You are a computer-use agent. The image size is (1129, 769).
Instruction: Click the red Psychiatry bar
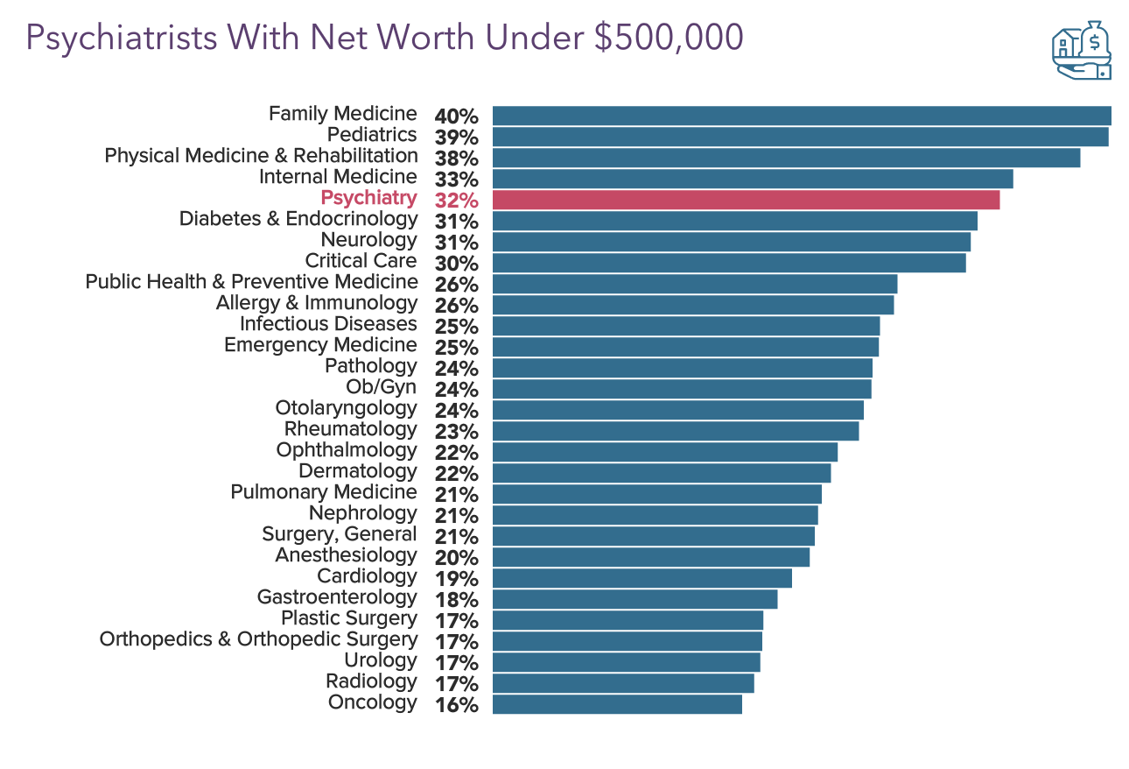[x=746, y=200]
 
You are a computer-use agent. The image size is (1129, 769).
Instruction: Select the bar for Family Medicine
[x=802, y=116]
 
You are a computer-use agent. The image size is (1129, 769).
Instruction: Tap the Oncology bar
[x=617, y=704]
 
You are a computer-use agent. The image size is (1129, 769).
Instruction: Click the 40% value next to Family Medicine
[x=456, y=116]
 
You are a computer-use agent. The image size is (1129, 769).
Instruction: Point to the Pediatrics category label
[x=372, y=135]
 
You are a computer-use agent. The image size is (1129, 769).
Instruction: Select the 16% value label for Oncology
[x=456, y=705]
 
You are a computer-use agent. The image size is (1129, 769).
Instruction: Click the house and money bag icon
[x=1082, y=51]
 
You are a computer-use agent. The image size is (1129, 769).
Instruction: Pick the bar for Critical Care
[x=729, y=263]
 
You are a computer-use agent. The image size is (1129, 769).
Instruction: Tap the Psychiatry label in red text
[x=368, y=198]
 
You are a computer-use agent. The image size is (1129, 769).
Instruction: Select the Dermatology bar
[x=662, y=473]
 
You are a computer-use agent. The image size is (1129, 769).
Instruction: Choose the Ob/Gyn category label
[x=382, y=387]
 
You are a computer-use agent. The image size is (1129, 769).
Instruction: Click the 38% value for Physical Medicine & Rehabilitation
[x=456, y=159]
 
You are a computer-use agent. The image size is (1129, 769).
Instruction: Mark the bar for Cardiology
[x=642, y=578]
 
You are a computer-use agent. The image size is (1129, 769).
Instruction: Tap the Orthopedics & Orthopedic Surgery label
[x=258, y=639]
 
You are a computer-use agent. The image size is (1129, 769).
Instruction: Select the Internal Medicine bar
[x=753, y=179]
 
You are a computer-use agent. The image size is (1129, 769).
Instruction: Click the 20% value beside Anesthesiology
[x=456, y=558]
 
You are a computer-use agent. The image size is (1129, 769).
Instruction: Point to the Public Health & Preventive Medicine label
[x=251, y=282]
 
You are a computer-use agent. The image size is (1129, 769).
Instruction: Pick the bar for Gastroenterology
[x=635, y=599]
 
